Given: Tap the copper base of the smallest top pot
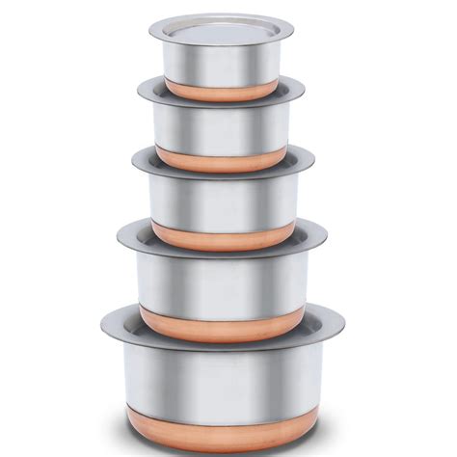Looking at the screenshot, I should [x=221, y=91].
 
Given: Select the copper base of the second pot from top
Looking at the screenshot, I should [x=221, y=159].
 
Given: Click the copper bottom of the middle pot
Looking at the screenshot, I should [x=222, y=235].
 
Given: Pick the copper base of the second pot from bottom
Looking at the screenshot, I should [x=222, y=324].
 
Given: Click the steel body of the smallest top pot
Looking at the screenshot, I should [x=221, y=64].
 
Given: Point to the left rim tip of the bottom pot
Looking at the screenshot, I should [x=102, y=322].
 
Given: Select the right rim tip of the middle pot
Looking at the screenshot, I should [x=313, y=163].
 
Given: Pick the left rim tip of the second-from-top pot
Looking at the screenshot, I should [x=139, y=91].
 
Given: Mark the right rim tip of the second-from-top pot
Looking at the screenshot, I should [x=304, y=90].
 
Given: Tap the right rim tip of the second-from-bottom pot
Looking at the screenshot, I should [x=326, y=235].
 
